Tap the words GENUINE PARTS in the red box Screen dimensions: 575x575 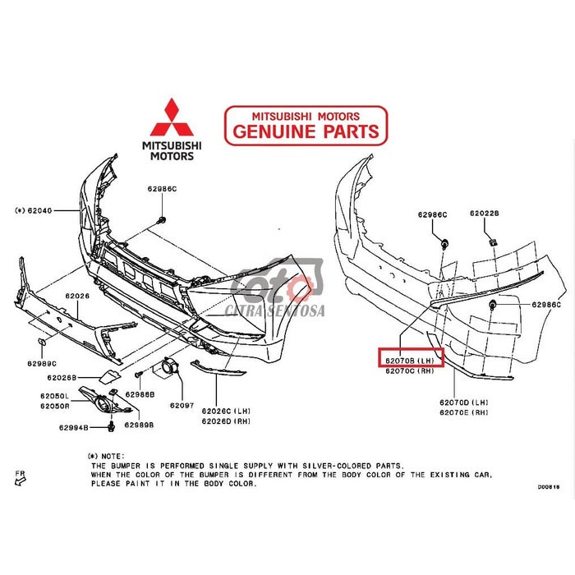(306, 131)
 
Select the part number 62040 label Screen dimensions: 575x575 (38, 210)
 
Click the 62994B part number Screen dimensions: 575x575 (75, 427)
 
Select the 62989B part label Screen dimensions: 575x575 (140, 425)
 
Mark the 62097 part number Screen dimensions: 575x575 (182, 406)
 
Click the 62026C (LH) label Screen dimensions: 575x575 (227, 410)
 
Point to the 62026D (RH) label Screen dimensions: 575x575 (227, 421)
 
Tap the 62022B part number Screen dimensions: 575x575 (485, 214)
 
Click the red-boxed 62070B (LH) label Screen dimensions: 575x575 (410, 360)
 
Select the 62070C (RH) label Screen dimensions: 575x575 (410, 371)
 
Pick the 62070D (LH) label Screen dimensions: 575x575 (464, 402)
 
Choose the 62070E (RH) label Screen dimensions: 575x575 (464, 412)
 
